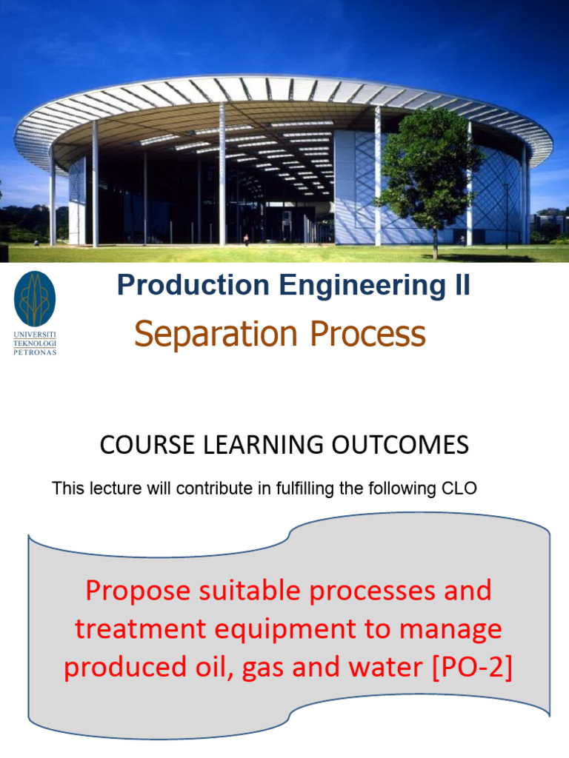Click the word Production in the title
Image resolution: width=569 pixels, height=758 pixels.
193,285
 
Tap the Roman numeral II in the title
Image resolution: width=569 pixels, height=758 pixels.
462,285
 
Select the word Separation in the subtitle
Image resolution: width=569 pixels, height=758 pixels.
216,334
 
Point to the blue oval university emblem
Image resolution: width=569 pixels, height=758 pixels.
35,299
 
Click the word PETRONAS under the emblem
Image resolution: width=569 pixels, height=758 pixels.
35,352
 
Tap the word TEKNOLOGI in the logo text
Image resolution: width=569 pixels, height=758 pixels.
35,343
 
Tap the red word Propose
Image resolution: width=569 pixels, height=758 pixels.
138,591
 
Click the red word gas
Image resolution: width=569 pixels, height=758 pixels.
263,669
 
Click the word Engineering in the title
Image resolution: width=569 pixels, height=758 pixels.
362,285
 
